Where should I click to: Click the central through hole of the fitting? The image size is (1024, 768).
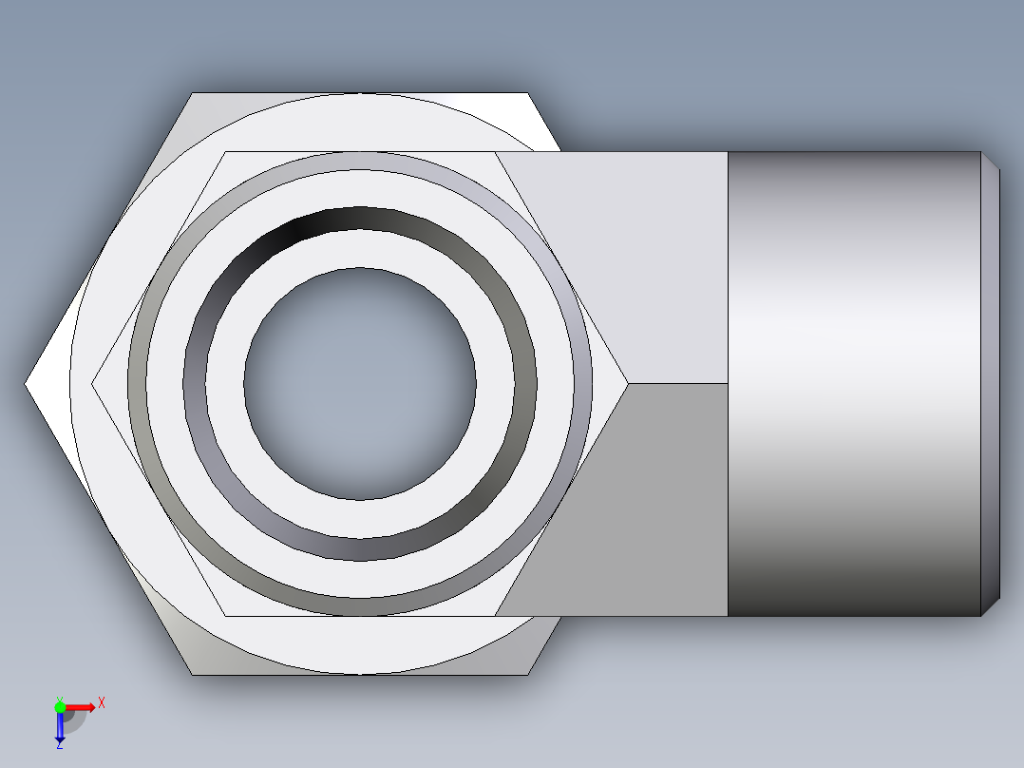(360, 383)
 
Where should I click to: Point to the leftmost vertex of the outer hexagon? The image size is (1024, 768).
(26, 384)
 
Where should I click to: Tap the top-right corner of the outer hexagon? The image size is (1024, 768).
(528, 93)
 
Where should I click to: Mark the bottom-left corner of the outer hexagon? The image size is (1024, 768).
(192, 675)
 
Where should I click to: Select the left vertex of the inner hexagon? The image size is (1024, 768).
(93, 383)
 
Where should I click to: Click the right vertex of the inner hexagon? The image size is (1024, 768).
(627, 383)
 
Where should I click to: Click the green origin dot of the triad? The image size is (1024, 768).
(60, 706)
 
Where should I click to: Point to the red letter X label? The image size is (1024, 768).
(101, 702)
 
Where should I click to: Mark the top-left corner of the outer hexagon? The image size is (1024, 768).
(193, 93)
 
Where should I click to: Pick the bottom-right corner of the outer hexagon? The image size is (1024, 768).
(528, 675)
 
